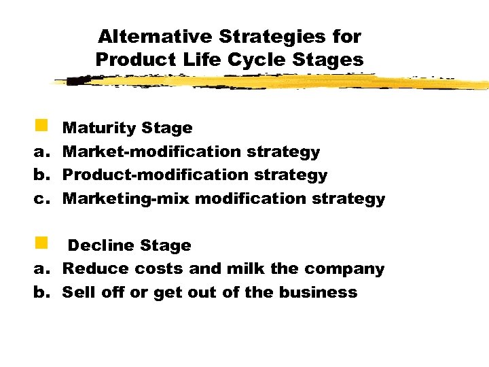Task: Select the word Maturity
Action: point(98,128)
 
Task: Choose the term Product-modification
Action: point(147,175)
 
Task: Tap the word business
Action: point(323,292)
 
